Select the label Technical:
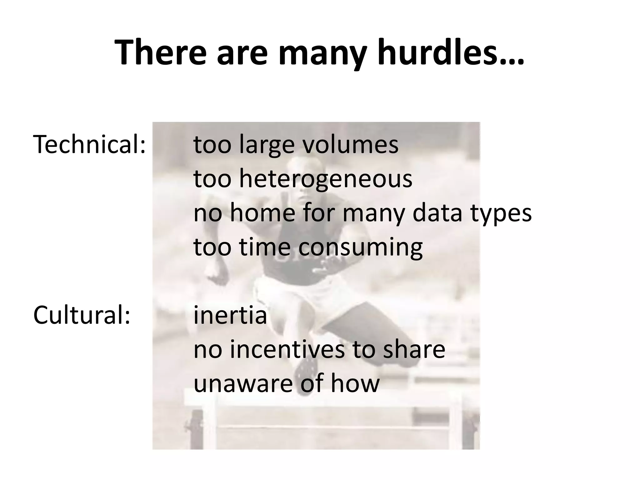[89, 145]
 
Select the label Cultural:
[82, 315]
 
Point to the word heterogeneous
[326, 179]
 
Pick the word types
[501, 214]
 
